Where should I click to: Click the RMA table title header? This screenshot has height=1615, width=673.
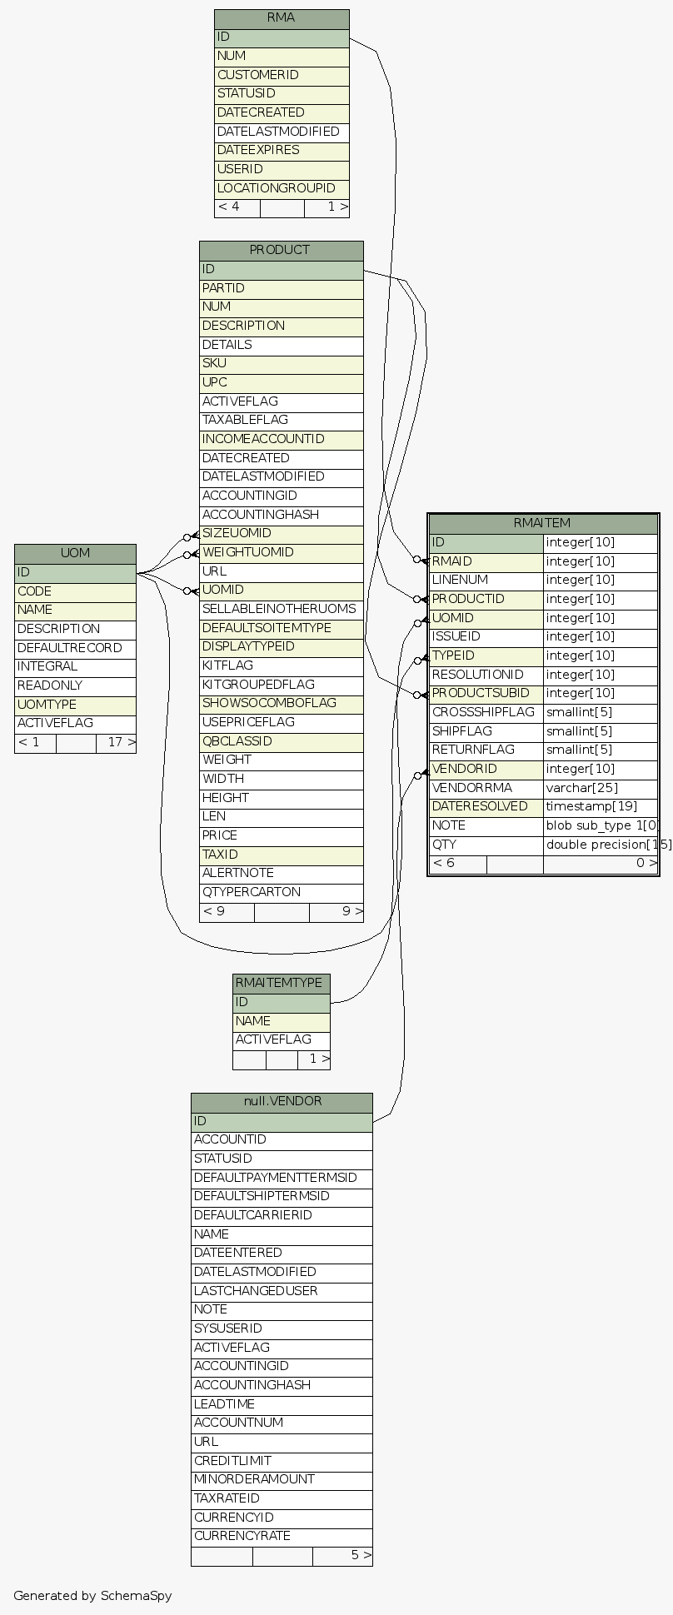pos(281,18)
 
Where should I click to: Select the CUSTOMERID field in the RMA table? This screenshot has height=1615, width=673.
pos(257,75)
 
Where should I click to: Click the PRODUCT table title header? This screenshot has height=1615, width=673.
pos(281,250)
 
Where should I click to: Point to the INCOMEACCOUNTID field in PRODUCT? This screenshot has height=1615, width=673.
pos(263,439)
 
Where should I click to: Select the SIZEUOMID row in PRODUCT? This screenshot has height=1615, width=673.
pos(237,534)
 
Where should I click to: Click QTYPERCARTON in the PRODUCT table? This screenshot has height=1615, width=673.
pos(251,892)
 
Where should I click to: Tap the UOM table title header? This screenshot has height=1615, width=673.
pos(75,553)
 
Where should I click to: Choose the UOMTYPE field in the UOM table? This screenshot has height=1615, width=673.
pos(47,705)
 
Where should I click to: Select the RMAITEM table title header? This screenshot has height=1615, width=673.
pos(542,523)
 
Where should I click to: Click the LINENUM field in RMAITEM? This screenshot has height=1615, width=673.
pos(460,580)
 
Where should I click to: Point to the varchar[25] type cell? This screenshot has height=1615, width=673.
pos(582,788)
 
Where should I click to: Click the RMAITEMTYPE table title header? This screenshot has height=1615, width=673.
pos(281,983)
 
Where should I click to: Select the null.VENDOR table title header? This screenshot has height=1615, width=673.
pos(282,1101)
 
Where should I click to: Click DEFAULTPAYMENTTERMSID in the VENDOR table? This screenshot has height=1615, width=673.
pos(275,1178)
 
